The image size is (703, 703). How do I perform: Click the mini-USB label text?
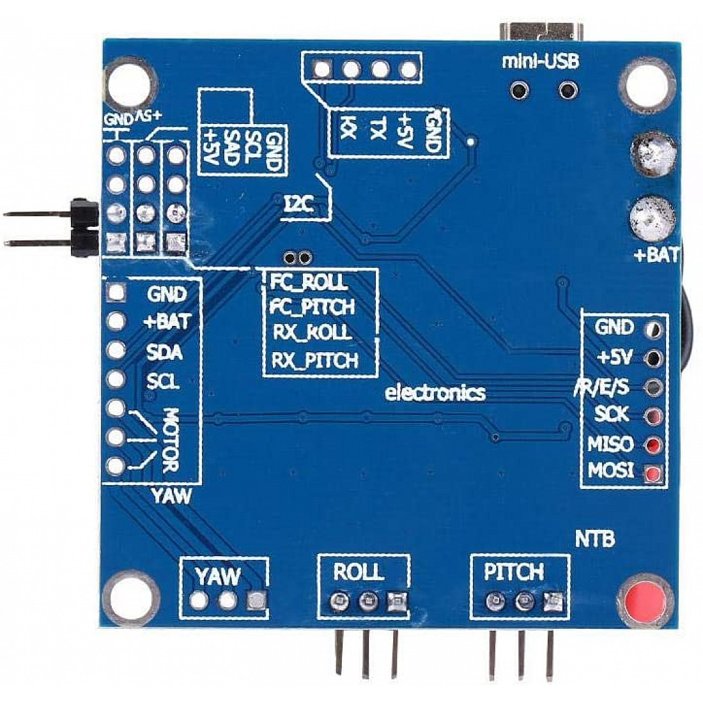point(540,61)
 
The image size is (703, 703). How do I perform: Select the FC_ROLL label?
point(308,282)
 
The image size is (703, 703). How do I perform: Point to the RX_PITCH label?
point(314,360)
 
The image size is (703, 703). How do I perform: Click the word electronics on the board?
point(435,392)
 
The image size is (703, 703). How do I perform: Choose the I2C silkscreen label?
point(297,205)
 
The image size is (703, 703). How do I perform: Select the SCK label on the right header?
point(612,414)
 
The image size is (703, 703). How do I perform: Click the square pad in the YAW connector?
point(256,600)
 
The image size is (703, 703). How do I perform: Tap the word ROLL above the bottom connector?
point(359,571)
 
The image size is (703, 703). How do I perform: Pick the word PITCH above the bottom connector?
point(514,571)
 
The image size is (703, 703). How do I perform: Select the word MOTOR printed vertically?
point(170,441)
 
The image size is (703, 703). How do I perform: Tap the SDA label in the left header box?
point(164,352)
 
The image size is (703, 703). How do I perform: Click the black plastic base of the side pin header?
point(84,226)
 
